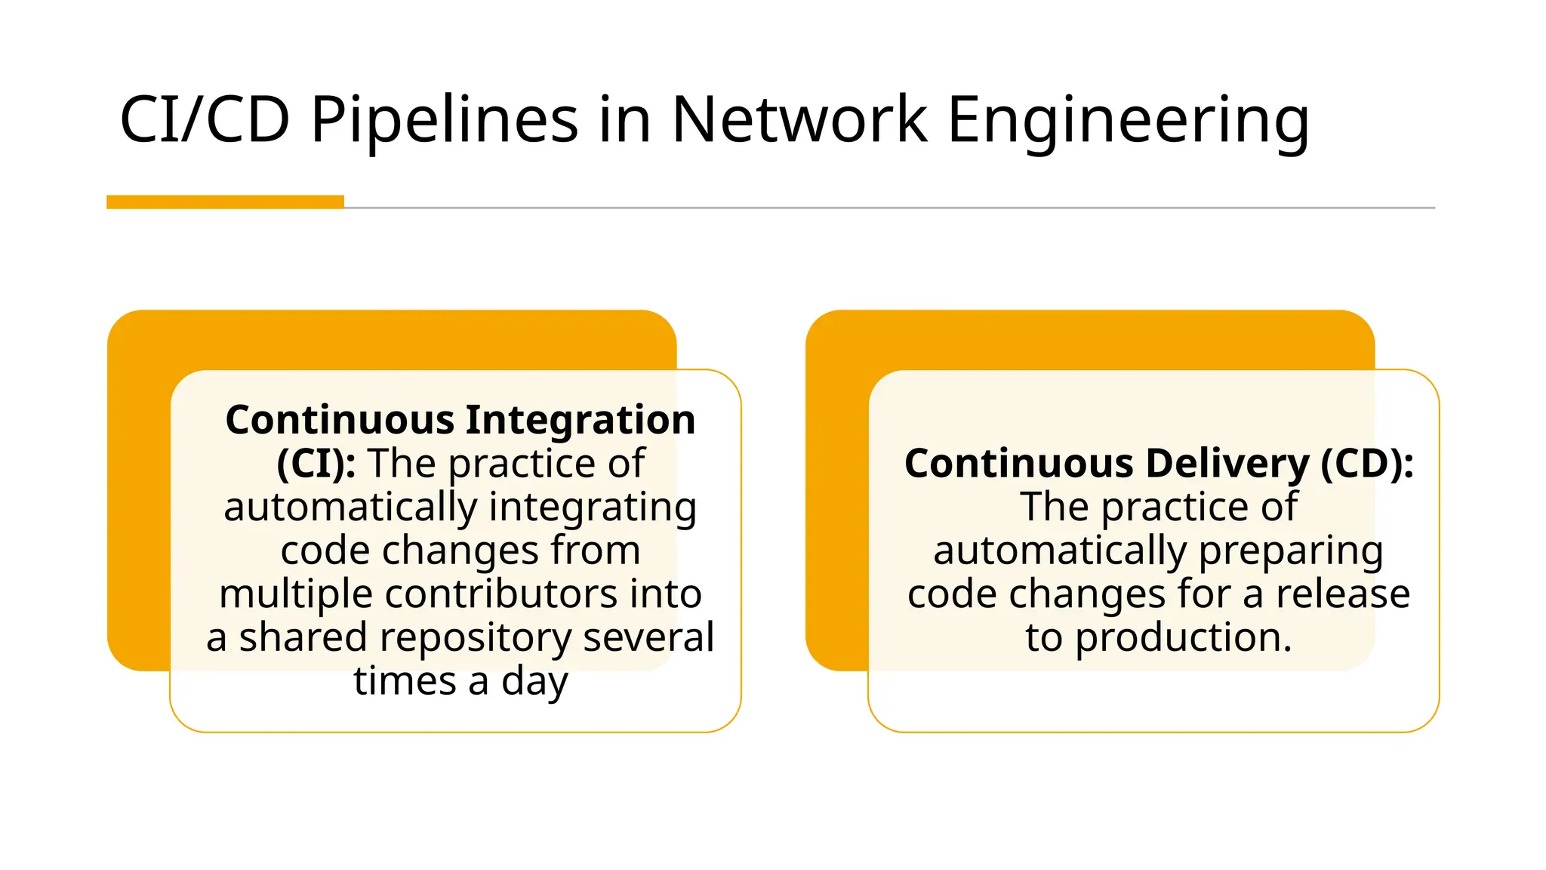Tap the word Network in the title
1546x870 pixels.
[799, 119]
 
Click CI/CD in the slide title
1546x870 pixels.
[205, 119]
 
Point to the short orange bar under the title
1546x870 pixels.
[225, 202]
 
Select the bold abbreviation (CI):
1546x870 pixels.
[316, 464]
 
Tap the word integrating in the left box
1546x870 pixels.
[593, 507]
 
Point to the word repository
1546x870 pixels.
[474, 638]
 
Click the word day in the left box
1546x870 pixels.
[534, 682]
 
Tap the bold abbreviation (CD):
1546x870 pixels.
[1367, 464]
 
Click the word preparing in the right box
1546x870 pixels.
[1290, 551]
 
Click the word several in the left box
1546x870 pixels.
[648, 637]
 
